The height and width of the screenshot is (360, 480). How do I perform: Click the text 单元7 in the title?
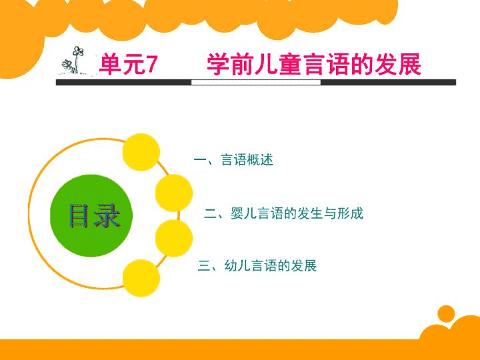pos(128,64)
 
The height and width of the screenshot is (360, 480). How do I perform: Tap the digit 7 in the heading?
pos(151,64)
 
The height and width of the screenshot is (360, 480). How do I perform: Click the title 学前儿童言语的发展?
pos(314,64)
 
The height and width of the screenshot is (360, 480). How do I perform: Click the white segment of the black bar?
pos(255,83)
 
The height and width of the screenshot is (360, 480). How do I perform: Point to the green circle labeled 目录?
pos(91,215)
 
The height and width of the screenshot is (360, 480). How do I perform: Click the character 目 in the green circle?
pos(79,216)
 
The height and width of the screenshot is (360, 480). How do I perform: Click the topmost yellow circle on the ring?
pos(141,152)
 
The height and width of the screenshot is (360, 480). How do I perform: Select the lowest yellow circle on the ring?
pos(141,278)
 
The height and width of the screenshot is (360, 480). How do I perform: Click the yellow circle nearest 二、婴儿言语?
pos(174,193)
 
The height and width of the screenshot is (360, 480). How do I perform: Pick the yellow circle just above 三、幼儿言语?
pos(174,238)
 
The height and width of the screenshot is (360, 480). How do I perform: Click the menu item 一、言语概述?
pos(233,160)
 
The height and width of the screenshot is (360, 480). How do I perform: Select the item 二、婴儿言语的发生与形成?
pos(283,213)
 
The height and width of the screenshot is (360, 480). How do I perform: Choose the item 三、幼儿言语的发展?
pos(257,265)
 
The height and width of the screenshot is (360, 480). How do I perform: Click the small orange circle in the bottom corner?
pos(446,314)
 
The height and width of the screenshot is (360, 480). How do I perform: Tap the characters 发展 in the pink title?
pos(398,64)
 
